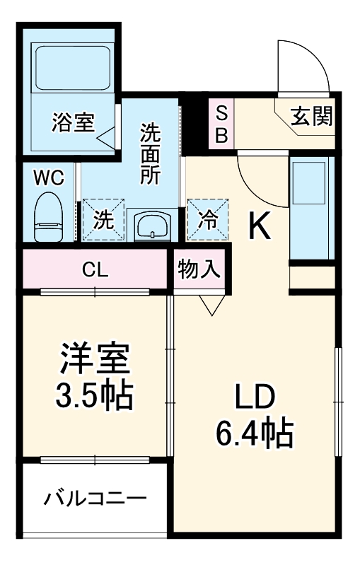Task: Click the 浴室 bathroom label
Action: coord(72,122)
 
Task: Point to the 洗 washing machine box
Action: coord(104,219)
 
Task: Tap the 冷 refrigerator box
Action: coord(208,219)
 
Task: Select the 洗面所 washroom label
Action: coord(150,153)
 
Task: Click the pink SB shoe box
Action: coord(221,124)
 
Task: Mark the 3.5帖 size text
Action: coord(94,396)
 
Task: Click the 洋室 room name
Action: coord(94,359)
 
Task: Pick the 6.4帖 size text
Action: coord(255,433)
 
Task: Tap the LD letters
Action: coord(254,397)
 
